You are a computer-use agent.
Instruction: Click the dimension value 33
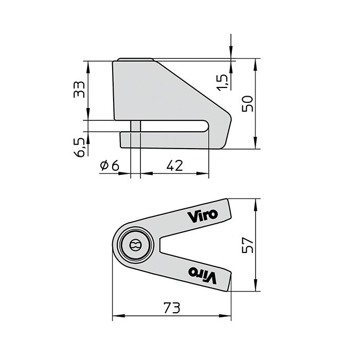point(79,92)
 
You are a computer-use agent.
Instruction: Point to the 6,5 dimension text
point(80,148)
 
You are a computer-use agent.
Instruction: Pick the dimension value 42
point(175,165)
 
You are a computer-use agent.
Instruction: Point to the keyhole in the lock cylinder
point(136,245)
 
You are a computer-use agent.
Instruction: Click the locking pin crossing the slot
point(136,126)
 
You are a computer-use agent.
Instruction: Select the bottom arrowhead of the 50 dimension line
point(256,146)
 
